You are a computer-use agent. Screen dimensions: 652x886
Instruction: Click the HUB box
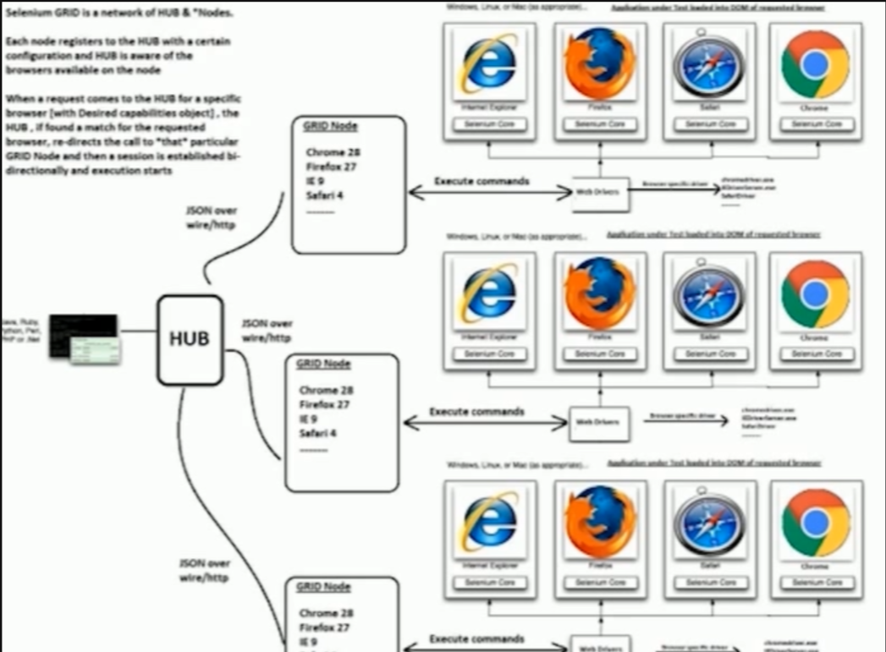(x=190, y=339)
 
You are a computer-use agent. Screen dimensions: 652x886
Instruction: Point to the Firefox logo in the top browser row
(x=599, y=63)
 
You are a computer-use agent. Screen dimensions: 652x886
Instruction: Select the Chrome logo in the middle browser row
(x=815, y=294)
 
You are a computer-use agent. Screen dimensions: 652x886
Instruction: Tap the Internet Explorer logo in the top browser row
(x=490, y=63)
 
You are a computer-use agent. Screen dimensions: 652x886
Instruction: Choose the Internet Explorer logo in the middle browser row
(x=490, y=294)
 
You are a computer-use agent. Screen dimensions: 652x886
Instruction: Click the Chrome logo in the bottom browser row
(x=815, y=522)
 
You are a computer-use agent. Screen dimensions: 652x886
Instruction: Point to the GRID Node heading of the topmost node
(x=330, y=126)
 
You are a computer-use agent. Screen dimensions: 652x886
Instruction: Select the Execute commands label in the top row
(x=482, y=181)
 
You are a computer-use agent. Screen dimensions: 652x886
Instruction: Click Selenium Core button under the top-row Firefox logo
(x=599, y=124)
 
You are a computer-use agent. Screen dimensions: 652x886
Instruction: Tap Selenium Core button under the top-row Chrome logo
(x=816, y=124)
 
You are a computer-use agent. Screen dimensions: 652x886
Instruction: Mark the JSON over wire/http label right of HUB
(x=267, y=330)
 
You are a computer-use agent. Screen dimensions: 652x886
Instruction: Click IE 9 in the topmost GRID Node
(x=315, y=181)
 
